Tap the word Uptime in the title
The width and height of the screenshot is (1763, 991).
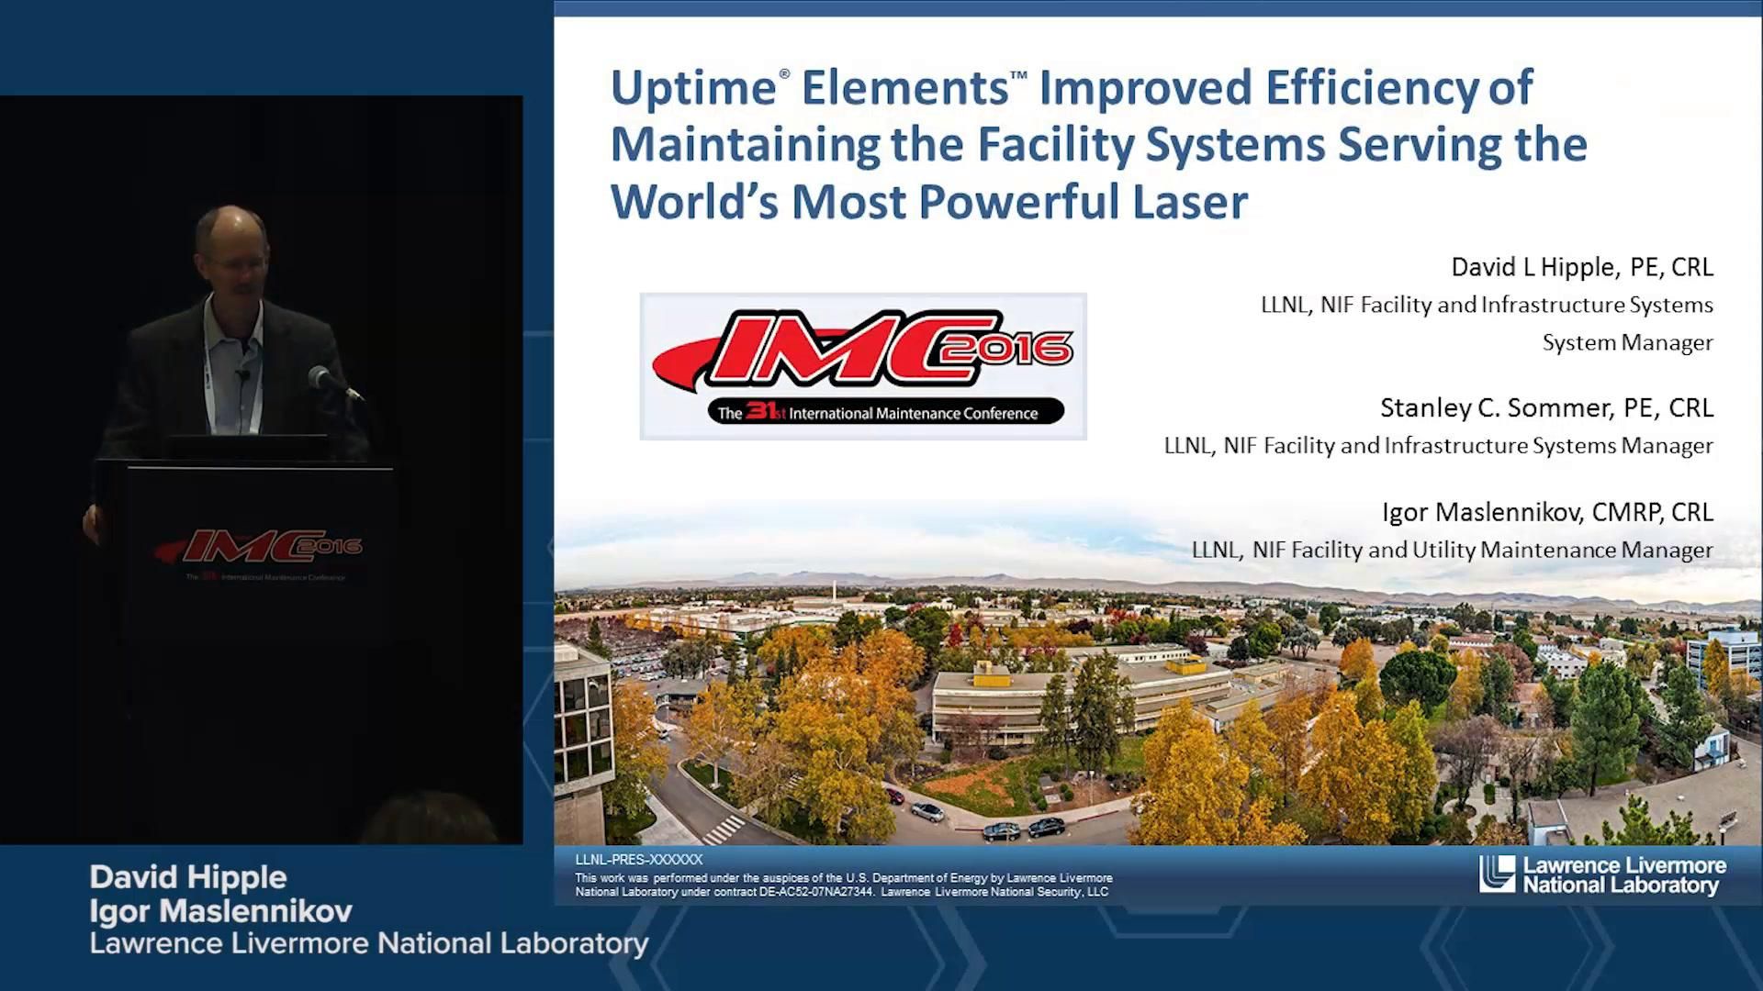(693, 88)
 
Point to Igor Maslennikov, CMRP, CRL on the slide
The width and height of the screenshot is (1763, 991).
(1547, 512)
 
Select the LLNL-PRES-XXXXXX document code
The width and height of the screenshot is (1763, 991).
(638, 860)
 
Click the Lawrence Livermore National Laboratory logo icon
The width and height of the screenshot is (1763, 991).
(1497, 874)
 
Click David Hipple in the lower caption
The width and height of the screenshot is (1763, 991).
(188, 877)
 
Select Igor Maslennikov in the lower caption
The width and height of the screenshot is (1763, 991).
(220, 911)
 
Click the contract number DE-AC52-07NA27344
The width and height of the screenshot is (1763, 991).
(816, 892)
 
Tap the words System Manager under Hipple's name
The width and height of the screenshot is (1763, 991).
(1627, 343)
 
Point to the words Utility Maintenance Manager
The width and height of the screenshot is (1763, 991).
(1597, 550)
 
